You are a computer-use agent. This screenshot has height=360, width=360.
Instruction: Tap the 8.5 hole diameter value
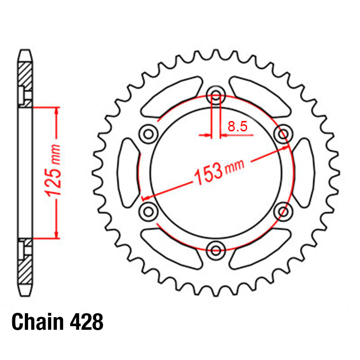point(237,126)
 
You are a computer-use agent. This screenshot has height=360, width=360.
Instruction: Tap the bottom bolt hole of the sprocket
point(216,248)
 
